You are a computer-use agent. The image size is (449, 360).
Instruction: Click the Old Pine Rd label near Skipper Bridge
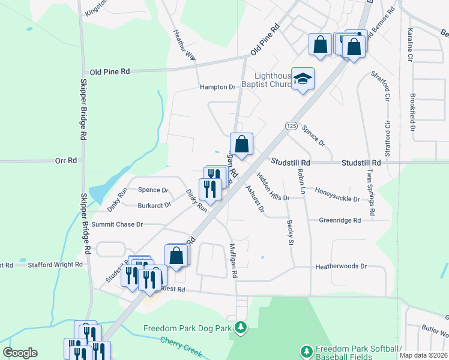coord(109,71)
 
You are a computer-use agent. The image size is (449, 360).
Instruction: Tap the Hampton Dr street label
coord(218,87)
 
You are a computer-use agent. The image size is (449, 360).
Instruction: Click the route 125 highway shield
coord(291,126)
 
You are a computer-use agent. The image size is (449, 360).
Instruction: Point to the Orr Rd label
coord(66,160)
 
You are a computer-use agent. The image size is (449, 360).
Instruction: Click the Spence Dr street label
coord(153,190)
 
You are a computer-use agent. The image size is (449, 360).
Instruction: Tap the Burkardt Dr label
coord(154,205)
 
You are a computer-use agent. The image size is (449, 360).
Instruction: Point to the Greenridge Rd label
coord(340,220)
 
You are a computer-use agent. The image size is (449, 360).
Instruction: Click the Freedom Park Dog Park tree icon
coord(241,328)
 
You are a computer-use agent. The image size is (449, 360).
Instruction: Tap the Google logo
coord(20,353)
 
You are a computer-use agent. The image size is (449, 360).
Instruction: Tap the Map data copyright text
coord(423,355)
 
